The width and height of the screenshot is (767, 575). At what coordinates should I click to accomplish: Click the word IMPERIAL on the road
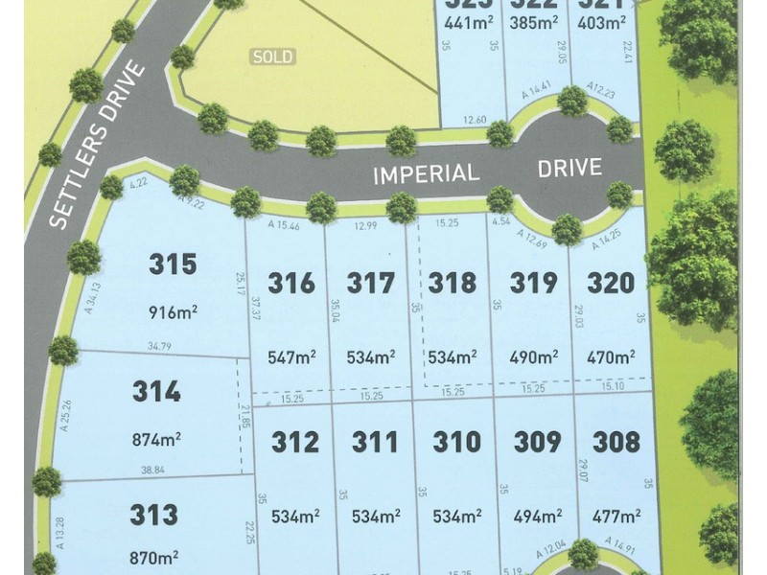[426, 173]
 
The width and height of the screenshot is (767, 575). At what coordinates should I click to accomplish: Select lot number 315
[174, 264]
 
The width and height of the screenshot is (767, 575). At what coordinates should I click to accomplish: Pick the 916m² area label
[174, 311]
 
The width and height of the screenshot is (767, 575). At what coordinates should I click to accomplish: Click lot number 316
[291, 283]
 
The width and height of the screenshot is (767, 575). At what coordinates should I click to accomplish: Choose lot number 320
[611, 283]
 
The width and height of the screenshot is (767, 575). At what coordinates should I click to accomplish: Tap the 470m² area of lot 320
[611, 357]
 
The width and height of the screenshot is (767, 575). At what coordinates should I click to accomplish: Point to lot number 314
[156, 392]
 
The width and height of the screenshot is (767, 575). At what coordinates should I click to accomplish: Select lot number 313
[153, 515]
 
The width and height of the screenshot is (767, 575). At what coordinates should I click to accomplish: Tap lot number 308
[616, 441]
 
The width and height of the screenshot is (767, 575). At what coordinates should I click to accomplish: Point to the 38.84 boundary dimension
[151, 471]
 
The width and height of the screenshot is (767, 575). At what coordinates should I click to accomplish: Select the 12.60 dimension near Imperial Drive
[475, 120]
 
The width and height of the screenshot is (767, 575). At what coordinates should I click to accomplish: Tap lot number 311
[375, 441]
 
